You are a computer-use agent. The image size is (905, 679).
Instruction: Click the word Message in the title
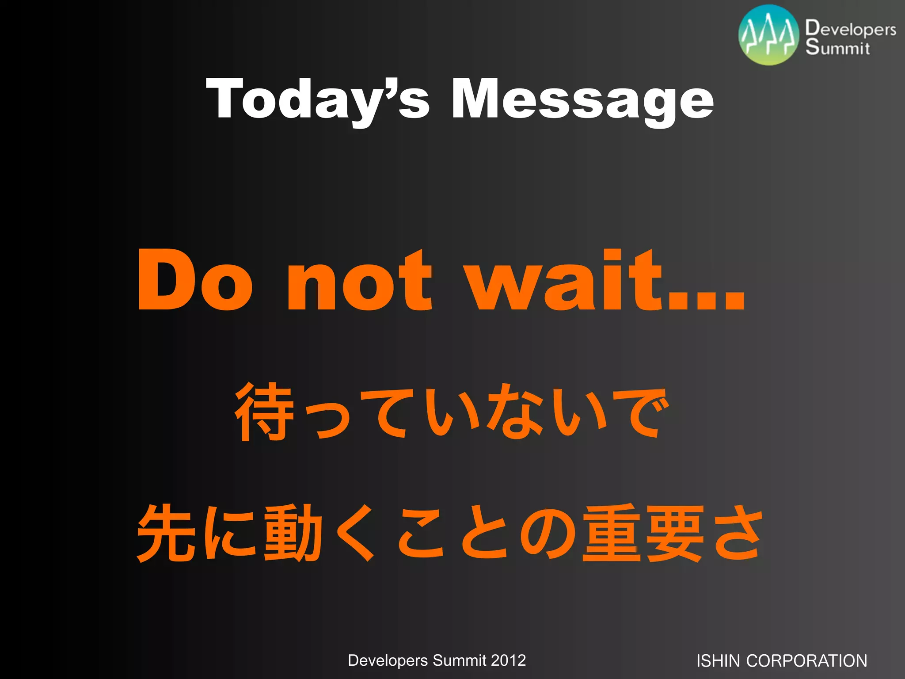582,99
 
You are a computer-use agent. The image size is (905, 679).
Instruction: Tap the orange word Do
195,280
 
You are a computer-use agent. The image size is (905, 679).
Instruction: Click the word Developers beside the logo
851,29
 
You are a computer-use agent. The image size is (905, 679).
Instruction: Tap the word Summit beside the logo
837,47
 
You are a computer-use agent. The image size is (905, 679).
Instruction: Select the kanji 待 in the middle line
265,412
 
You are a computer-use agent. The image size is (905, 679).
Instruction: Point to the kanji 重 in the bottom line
611,533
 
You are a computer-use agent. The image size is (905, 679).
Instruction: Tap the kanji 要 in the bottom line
675,533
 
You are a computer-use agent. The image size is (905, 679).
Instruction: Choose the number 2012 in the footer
508,660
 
